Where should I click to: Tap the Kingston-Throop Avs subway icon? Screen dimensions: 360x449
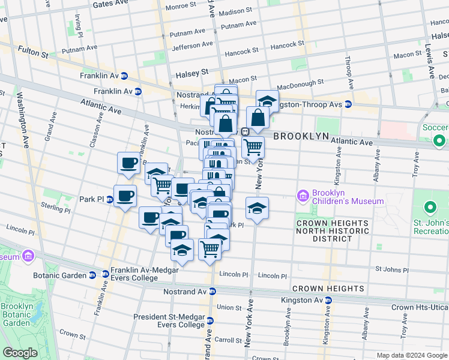[x=348, y=104]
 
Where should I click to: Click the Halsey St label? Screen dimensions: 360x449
[x=191, y=72]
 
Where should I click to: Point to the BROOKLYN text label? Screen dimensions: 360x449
[x=301, y=136]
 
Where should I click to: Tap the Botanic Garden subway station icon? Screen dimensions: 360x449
[x=92, y=275]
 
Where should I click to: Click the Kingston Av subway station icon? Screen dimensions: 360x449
[x=328, y=300]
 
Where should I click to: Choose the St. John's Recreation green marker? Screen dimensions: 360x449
[x=430, y=209]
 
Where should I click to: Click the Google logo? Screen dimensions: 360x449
[x=20, y=352]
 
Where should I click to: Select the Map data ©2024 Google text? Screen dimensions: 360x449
[x=411, y=355]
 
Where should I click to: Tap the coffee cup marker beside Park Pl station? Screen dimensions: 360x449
[x=125, y=196]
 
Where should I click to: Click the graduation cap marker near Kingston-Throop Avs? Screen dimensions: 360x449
[x=267, y=100]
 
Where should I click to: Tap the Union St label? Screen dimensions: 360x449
[x=229, y=307]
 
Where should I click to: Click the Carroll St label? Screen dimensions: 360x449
[x=228, y=340]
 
